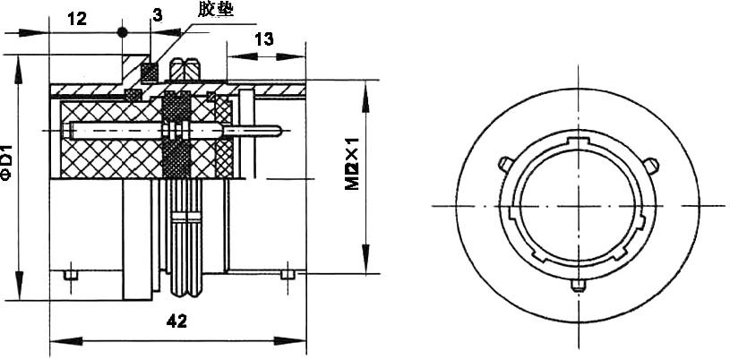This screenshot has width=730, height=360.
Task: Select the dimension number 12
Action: click(77, 18)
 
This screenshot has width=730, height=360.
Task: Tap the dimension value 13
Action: click(264, 38)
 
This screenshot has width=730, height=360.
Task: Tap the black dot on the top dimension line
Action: click(124, 32)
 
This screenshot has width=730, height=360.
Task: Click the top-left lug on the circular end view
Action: click(504, 163)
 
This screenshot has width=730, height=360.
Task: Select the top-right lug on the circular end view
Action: click(653, 164)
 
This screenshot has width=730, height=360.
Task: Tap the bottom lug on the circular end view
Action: click(579, 286)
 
